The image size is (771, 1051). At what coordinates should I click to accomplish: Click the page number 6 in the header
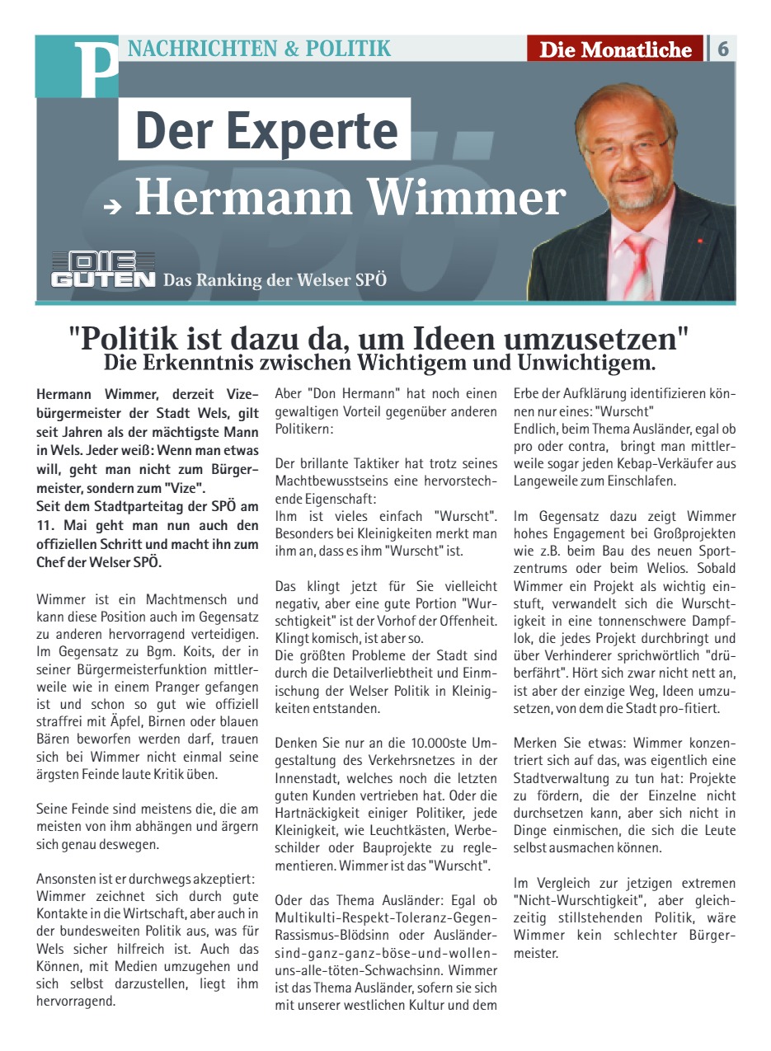tap(723, 49)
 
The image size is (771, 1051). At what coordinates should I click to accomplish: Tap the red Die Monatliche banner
tap(615, 49)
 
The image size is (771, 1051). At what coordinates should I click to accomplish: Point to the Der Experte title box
tap(265, 129)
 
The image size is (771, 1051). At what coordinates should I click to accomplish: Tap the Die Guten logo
tap(103, 270)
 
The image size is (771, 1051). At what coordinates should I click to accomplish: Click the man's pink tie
tap(638, 265)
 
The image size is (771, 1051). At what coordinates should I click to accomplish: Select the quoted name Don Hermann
tap(347, 393)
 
